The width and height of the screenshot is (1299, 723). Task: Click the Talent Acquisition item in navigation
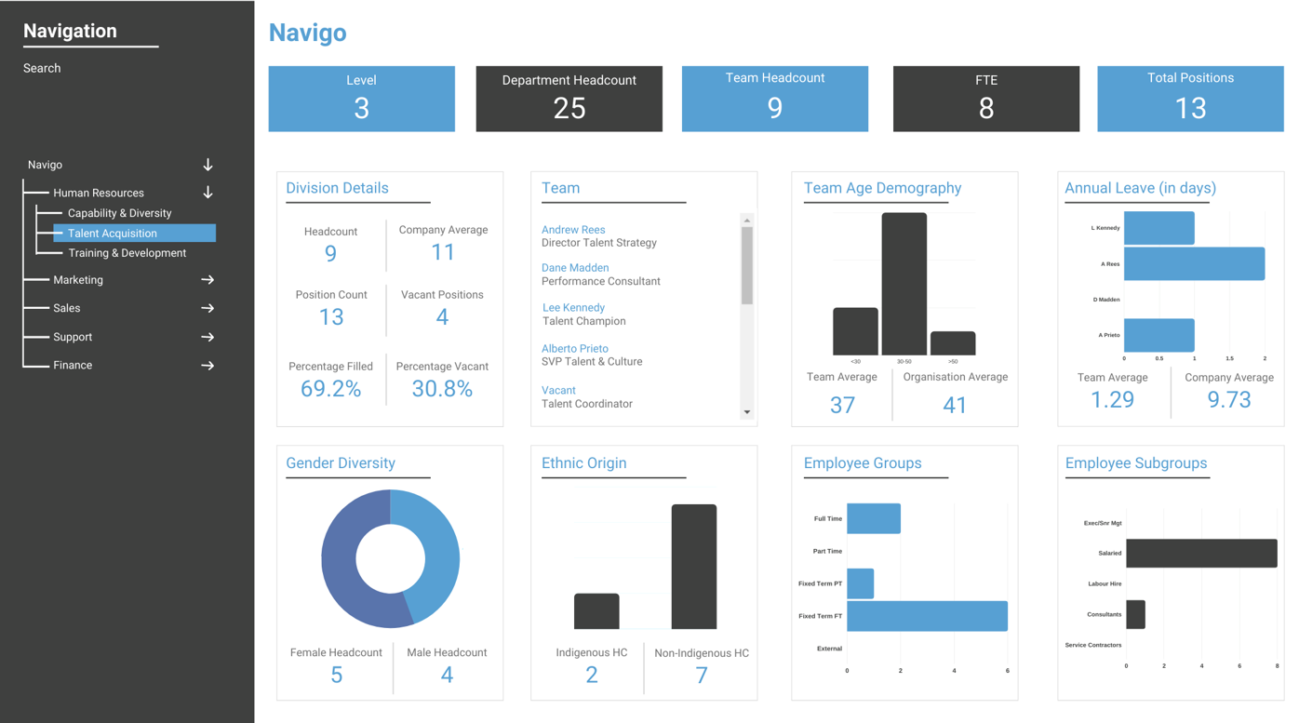point(113,234)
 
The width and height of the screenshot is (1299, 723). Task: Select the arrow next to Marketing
point(208,280)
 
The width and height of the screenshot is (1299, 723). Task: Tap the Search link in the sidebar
point(42,68)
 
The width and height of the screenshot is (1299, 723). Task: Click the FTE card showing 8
point(985,99)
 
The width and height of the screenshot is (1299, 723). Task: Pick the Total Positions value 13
point(1190,108)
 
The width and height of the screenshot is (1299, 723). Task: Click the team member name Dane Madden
point(575,268)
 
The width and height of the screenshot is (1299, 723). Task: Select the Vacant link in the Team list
point(558,391)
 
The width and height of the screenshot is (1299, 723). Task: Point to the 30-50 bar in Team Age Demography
point(904,284)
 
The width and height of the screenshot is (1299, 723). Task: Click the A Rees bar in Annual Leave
point(1194,264)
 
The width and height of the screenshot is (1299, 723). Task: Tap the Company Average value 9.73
point(1228,400)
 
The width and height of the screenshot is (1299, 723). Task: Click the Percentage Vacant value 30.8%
point(442,389)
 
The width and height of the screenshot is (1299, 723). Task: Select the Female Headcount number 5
point(336,676)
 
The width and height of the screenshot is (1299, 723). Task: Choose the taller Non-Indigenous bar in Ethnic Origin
point(694,567)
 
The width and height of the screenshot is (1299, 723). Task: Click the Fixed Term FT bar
point(927,616)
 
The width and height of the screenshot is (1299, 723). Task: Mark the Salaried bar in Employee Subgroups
point(1201,553)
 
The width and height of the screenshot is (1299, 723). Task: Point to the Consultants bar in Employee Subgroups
point(1135,614)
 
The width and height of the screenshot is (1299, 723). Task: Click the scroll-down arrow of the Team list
point(746,412)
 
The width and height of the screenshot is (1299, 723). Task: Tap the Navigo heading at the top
point(307,33)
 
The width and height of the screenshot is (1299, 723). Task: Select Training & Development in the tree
point(127,253)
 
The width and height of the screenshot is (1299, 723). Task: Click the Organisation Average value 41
point(955,405)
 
